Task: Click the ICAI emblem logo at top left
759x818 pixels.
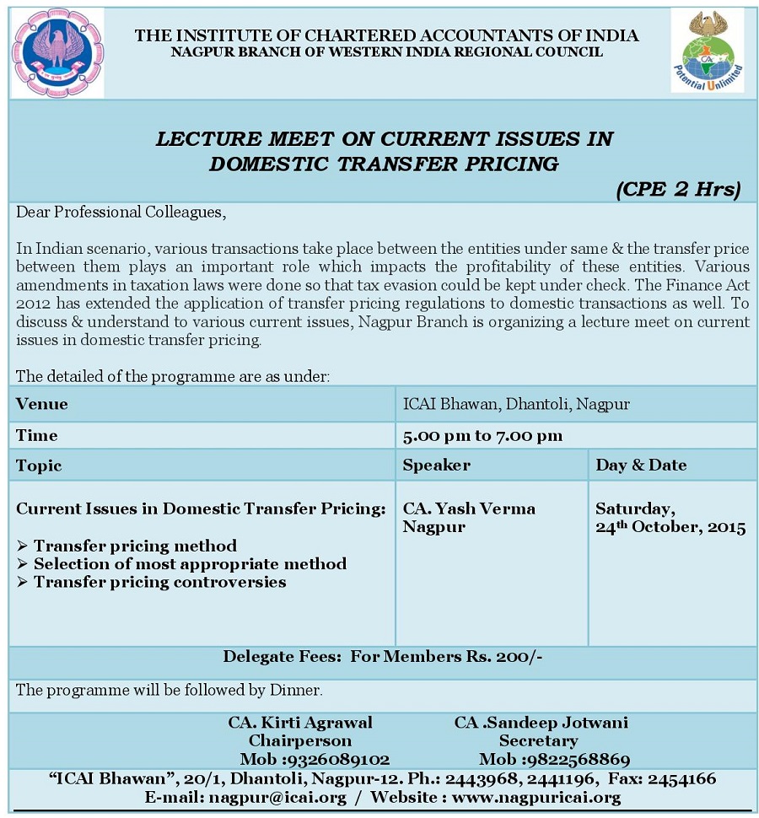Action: (x=57, y=51)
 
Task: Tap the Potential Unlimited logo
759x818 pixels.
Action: (x=707, y=51)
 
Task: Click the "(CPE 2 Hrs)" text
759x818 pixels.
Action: (x=677, y=189)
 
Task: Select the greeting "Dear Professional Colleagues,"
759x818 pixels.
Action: (x=121, y=212)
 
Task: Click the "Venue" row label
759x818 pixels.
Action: (x=42, y=404)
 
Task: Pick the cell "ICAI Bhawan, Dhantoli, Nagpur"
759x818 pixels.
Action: (x=516, y=404)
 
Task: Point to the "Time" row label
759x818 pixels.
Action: (x=37, y=435)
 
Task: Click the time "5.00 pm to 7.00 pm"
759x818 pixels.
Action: (x=482, y=435)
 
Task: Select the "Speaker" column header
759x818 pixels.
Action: (x=436, y=465)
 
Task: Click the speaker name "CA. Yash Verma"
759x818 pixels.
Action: (x=469, y=509)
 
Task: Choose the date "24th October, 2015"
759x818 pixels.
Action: (x=670, y=528)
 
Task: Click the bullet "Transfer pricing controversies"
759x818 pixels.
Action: (x=159, y=582)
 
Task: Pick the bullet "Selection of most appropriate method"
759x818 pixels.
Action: (x=190, y=563)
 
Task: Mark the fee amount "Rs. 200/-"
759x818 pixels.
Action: (x=517, y=657)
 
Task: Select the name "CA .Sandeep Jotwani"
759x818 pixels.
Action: (x=541, y=723)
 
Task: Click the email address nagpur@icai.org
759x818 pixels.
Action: (x=278, y=797)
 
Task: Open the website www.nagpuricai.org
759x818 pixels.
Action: (x=536, y=797)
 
